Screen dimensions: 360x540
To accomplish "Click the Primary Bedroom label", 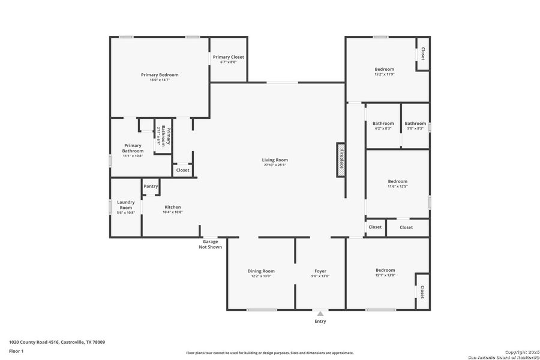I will pyautogui.click(x=160, y=75).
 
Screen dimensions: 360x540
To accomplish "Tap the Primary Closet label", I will pyautogui.click(x=228, y=57).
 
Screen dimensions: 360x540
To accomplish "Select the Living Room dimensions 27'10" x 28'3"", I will pyautogui.click(x=275, y=164).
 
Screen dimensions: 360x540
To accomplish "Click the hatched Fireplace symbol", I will pyautogui.click(x=341, y=160).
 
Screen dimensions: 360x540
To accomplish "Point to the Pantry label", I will pyautogui.click(x=151, y=186).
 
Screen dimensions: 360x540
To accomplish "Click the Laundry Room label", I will pyautogui.click(x=125, y=205).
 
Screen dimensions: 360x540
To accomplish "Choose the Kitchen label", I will pyautogui.click(x=172, y=207).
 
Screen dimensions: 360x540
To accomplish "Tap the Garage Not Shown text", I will pyautogui.click(x=210, y=244).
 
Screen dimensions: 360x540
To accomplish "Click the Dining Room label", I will pyautogui.click(x=261, y=271).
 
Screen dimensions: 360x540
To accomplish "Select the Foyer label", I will pyautogui.click(x=320, y=271).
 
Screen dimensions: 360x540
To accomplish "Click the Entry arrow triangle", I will pyautogui.click(x=320, y=313).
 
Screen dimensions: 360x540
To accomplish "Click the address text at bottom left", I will pyautogui.click(x=57, y=342).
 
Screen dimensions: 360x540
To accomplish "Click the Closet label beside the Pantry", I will pyautogui.click(x=182, y=170).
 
